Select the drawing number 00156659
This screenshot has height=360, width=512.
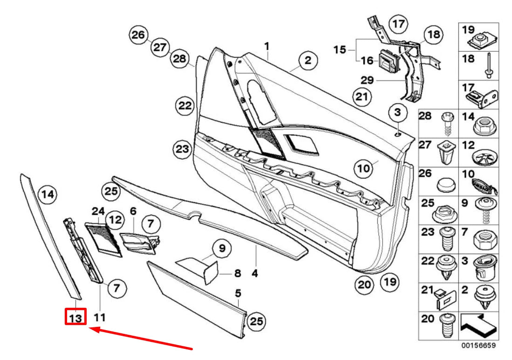pos(478,346)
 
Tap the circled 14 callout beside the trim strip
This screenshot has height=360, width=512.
pos(47,194)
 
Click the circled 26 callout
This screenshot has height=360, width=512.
pos(138,35)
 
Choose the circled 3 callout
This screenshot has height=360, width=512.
pos(397,112)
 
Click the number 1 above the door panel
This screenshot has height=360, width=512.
pos(267,46)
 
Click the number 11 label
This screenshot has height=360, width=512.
pos(100,318)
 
